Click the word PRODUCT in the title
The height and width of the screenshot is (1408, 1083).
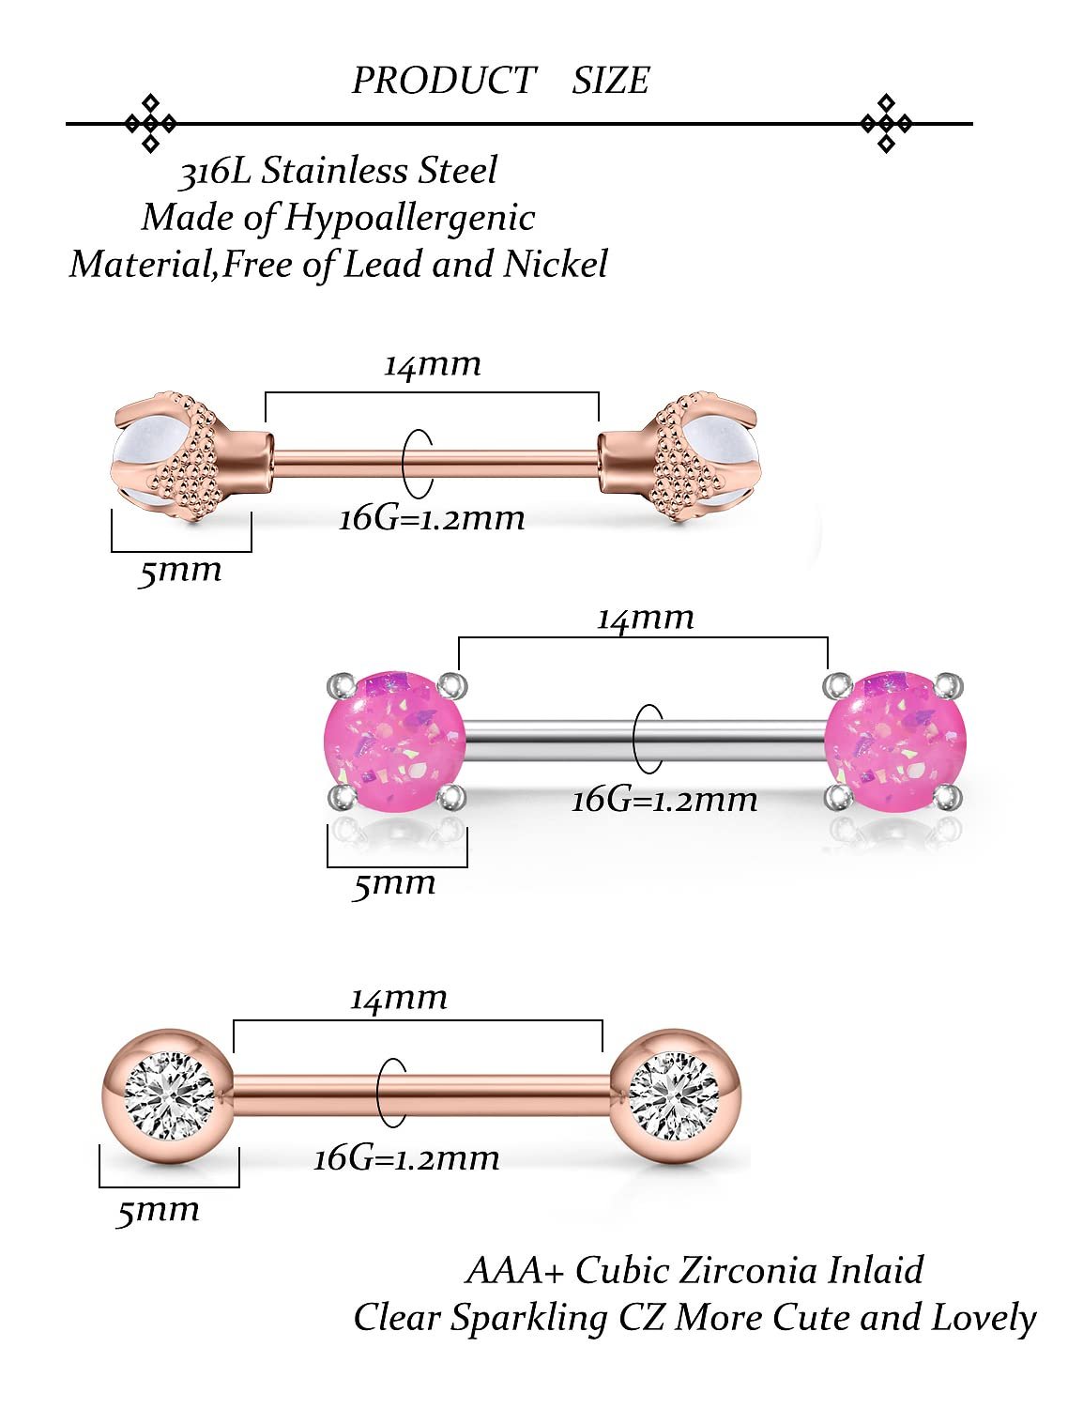tap(443, 81)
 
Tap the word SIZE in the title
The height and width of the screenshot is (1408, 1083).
tap(610, 81)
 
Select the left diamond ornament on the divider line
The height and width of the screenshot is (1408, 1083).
tap(150, 123)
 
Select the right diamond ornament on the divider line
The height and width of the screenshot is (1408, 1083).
tap(886, 123)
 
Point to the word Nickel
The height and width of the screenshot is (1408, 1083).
tap(555, 264)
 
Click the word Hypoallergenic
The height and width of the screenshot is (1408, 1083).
tap(409, 218)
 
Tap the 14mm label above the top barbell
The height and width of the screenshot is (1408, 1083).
tap(432, 364)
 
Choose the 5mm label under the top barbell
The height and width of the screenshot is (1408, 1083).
tap(179, 571)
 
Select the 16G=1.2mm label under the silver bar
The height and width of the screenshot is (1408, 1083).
tap(664, 800)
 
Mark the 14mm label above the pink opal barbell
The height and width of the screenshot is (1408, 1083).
tap(646, 618)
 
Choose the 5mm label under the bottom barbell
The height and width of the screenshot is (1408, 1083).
tap(158, 1211)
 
